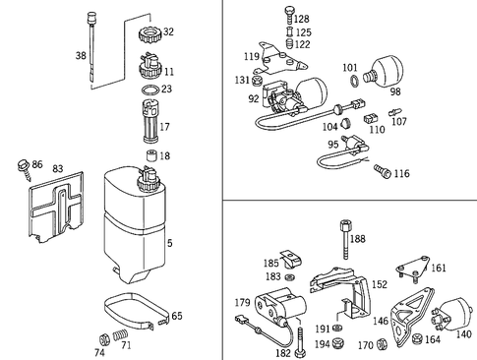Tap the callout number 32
pos(168,31)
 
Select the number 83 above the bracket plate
pos(58,169)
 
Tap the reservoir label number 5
pos(171,243)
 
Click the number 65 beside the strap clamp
pos(176,316)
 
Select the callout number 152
pos(350,284)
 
